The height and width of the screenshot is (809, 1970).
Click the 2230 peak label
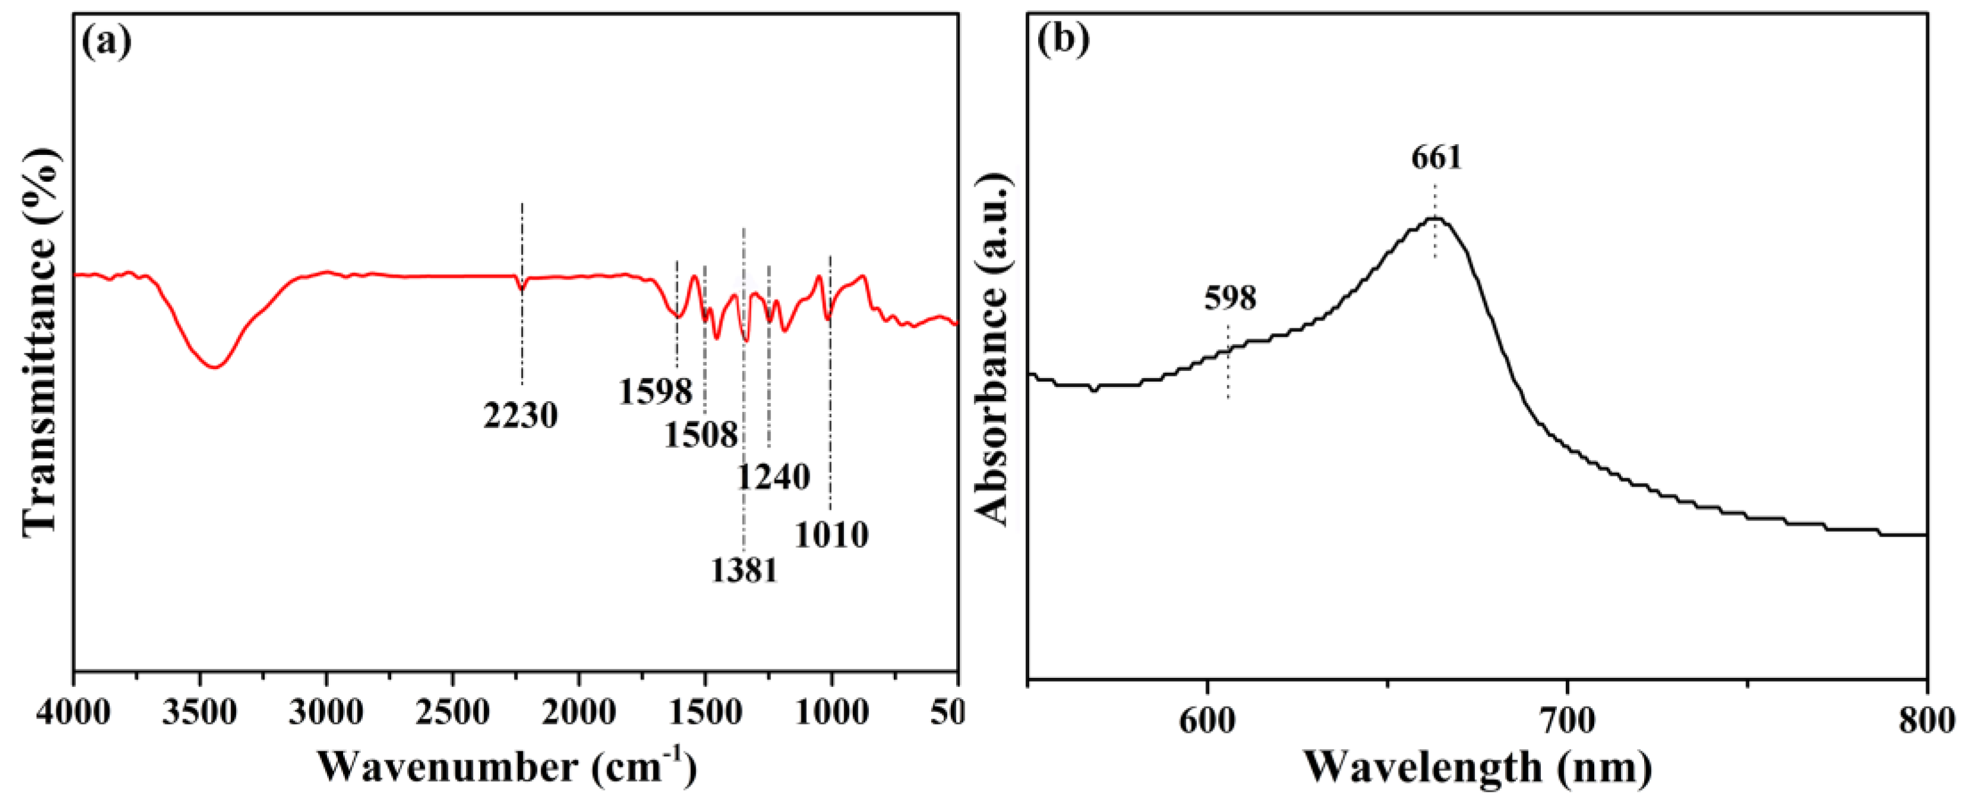click(521, 415)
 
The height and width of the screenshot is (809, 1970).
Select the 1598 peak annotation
click(655, 392)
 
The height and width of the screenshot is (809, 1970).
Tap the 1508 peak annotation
click(700, 435)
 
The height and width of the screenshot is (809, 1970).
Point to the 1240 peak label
click(773, 477)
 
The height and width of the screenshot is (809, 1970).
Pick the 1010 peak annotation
click(832, 535)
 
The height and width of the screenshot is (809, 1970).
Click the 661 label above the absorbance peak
click(1436, 157)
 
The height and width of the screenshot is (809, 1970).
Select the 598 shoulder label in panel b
click(1230, 297)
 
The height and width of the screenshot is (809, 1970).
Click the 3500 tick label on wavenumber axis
click(201, 713)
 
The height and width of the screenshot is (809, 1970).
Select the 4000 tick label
click(74, 713)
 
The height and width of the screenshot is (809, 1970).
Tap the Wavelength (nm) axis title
click(1477, 767)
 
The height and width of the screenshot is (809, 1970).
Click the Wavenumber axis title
click(506, 767)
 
